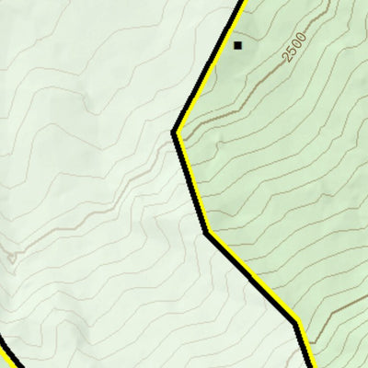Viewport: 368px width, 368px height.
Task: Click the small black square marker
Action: (x=237, y=44)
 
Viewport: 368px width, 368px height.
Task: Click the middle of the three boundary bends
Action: (x=207, y=232)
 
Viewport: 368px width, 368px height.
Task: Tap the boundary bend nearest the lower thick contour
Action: (x=296, y=322)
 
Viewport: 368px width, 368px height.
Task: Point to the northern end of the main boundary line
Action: (x=244, y=2)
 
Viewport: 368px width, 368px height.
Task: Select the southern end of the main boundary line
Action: (x=308, y=366)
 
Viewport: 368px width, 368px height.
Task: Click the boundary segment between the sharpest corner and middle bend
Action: (x=191, y=182)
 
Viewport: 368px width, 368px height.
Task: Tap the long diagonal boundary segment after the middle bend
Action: (x=251, y=277)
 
